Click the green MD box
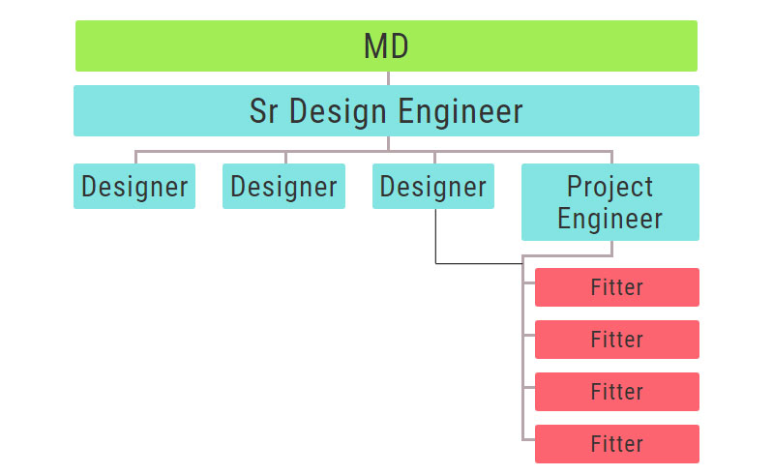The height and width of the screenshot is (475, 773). click(386, 45)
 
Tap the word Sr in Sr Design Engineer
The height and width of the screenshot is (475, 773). click(263, 111)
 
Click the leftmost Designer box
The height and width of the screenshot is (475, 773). click(134, 187)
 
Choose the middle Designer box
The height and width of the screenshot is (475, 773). click(283, 187)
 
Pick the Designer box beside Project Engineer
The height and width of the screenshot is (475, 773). click(433, 187)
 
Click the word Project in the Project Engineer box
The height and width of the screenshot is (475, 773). click(609, 188)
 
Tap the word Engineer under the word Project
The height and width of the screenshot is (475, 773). click(609, 220)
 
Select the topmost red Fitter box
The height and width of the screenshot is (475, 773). click(617, 287)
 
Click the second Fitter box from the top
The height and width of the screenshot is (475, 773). click(617, 340)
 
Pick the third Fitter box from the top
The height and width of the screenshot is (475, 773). click(617, 392)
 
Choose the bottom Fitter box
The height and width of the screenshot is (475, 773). click(617, 444)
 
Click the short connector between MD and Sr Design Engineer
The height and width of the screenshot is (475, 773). click(389, 78)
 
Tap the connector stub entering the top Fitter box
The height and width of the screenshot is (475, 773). click(529, 282)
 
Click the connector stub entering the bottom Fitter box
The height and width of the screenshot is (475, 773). click(529, 439)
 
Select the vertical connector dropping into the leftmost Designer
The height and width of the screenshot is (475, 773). click(135, 157)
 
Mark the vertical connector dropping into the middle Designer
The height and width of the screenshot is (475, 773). click(286, 157)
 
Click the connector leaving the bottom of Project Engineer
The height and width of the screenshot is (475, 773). click(611, 249)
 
